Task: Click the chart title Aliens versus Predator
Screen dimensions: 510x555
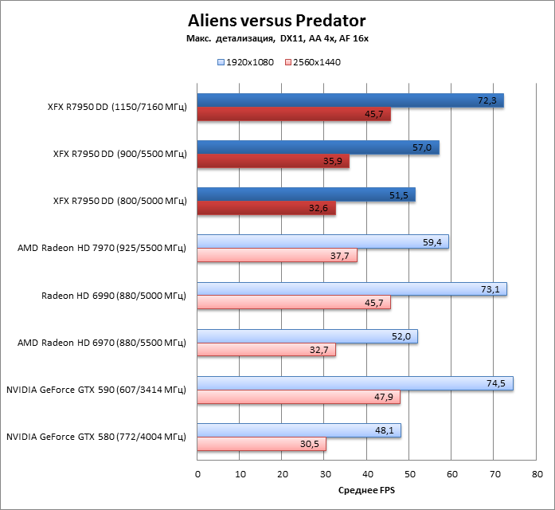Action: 277,19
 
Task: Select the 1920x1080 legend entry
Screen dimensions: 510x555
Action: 246,61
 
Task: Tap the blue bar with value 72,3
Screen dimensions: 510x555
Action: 350,100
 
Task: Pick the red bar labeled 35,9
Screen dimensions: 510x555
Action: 273,162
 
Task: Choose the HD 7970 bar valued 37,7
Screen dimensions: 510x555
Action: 277,256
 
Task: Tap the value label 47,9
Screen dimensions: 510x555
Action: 385,398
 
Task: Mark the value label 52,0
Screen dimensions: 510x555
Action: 401,337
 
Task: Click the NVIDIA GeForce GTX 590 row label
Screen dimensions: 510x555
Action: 96,390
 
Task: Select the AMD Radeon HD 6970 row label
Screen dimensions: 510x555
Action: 101,343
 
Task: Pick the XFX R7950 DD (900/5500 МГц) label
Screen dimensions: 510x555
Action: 117,154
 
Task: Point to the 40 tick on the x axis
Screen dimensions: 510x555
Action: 366,473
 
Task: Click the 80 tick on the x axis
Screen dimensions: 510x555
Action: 536,473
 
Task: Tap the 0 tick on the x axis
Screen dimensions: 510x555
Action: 197,473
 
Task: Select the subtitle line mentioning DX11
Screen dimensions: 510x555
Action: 277,38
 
